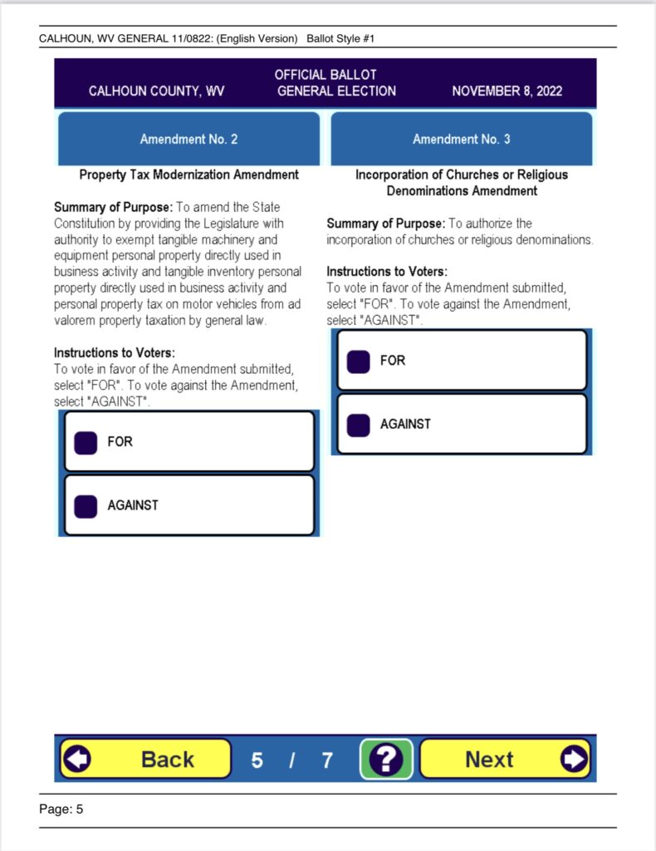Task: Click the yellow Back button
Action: [145, 758]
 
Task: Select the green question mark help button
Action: [386, 758]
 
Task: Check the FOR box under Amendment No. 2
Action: [86, 442]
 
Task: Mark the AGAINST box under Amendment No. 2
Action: [86, 505]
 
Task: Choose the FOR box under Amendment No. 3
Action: [359, 362]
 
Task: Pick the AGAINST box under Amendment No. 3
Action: [359, 425]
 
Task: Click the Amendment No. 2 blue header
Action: [188, 139]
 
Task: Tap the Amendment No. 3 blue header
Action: [461, 139]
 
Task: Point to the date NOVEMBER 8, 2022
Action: [507, 91]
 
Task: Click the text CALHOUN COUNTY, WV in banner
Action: [156, 91]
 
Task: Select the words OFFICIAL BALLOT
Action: [326, 75]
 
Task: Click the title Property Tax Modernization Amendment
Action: [188, 175]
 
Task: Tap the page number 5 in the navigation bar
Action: [257, 759]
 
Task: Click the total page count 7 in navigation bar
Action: [327, 759]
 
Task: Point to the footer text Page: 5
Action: [61, 809]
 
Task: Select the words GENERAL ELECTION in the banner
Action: [336, 91]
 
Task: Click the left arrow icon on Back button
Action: [78, 758]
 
